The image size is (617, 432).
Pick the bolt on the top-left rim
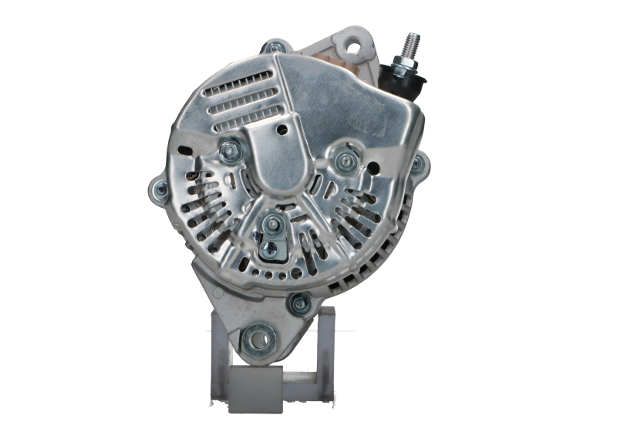[271, 48]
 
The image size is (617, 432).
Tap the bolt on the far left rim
[157, 190]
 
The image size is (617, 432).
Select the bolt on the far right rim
[417, 163]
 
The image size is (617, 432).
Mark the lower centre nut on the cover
[273, 224]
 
